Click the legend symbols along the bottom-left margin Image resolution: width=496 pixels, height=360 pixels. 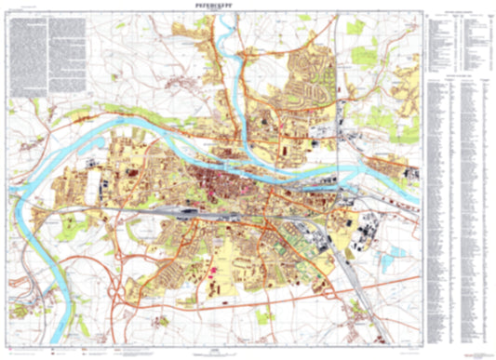[x=74, y=352]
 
